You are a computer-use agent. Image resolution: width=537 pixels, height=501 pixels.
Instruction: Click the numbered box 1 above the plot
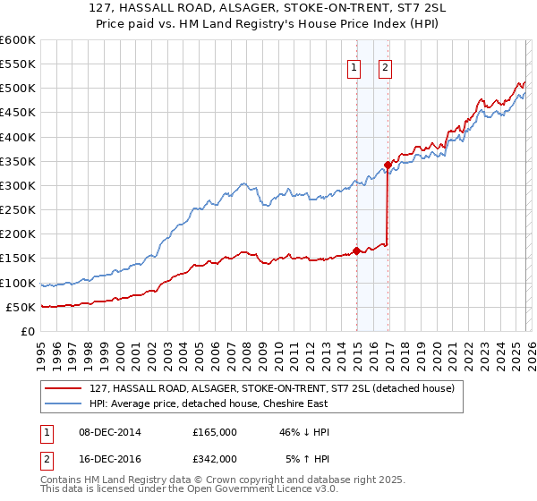(354, 68)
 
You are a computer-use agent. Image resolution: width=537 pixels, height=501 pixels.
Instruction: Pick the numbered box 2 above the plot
(385, 68)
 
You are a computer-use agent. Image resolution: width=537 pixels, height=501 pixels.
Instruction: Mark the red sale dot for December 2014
(357, 250)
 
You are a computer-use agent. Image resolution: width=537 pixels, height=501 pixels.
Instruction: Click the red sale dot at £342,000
(388, 165)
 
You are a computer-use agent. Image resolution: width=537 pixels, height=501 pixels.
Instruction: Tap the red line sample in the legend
(63, 388)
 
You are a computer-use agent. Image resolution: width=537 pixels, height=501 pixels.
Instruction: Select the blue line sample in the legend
(63, 403)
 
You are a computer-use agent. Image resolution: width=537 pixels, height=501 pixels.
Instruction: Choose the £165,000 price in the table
(215, 432)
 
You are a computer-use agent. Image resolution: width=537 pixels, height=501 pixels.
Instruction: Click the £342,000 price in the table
(215, 458)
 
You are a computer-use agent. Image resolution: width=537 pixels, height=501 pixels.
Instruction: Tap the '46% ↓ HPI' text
(304, 432)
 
